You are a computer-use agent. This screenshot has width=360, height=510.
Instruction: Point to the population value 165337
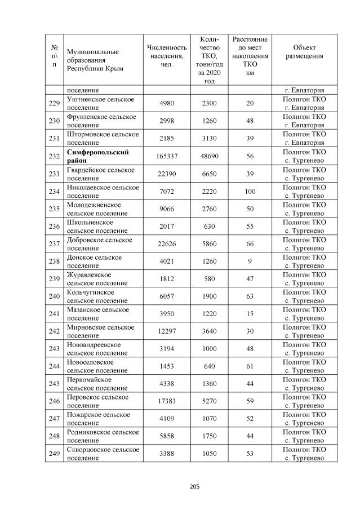[166, 157]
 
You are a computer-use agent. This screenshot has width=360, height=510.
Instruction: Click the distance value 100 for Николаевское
[250, 192]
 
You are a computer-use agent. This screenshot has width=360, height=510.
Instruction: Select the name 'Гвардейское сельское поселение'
[100, 174]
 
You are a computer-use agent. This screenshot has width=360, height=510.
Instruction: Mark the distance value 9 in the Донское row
[250, 261]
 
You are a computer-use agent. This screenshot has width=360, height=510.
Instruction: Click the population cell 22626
[166, 244]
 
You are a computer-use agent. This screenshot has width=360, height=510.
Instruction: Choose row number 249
[54, 453]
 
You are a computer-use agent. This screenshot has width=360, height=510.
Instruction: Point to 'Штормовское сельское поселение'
[101, 139]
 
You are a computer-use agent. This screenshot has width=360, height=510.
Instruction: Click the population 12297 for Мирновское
[166, 331]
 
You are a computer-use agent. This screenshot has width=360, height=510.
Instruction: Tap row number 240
[54, 296]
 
